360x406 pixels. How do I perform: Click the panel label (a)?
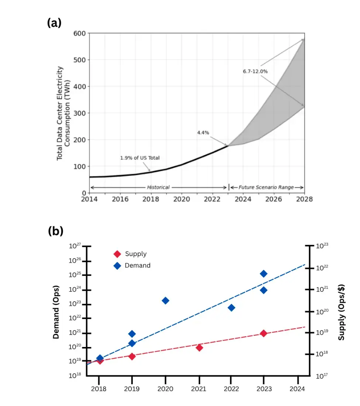54,23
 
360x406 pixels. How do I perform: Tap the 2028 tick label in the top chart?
304,199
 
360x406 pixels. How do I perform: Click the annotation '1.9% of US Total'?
140,158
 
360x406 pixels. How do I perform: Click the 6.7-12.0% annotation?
255,71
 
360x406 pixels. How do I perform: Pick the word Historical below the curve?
158,188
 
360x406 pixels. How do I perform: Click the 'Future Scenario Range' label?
266,188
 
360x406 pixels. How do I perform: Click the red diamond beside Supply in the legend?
117,254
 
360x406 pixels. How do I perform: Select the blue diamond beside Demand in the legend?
117,266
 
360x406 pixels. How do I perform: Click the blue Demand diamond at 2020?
165,301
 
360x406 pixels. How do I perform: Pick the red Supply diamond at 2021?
199,347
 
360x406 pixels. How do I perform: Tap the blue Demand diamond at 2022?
231,308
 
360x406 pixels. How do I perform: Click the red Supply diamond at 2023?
263,333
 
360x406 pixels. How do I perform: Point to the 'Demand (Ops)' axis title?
56,312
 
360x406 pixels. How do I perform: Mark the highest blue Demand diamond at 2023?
263,273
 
